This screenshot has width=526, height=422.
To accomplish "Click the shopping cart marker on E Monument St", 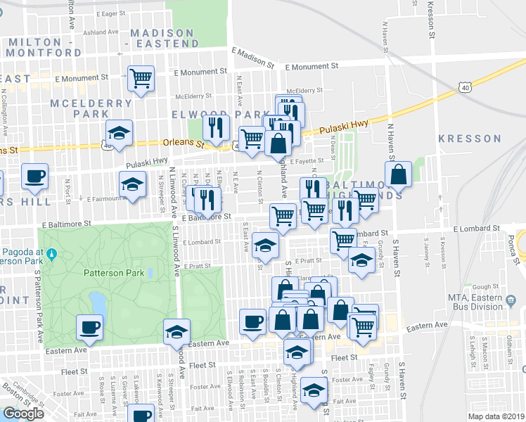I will coord(141,78).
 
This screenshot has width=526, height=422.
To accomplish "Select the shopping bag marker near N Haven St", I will coord(399,175).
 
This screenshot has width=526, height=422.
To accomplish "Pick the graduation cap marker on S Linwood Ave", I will coord(177,332).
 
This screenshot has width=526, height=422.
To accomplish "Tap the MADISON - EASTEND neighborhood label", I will coord(165,38).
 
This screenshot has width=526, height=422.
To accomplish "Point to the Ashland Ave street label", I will coord(101,32).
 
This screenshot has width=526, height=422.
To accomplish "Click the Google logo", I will coord(23,414).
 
